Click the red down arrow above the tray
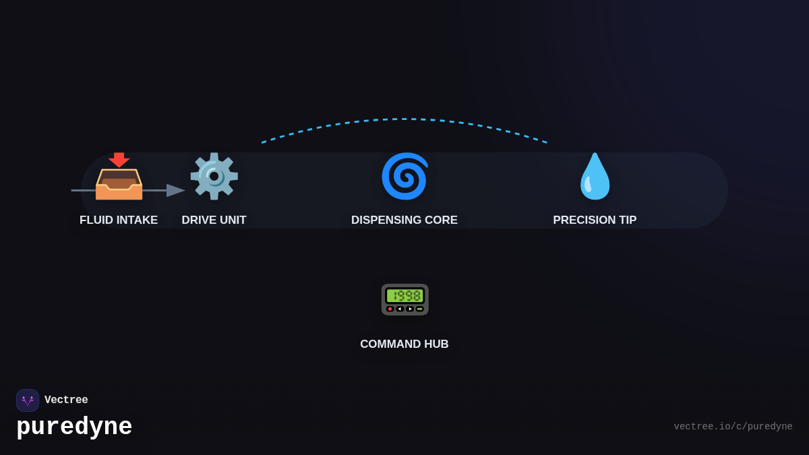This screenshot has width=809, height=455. coord(119,160)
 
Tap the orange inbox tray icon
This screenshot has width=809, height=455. coord(119,184)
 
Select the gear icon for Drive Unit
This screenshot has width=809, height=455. coord(214,176)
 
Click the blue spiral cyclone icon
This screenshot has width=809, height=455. coord(405,176)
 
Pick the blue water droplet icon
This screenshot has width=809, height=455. coord(595,176)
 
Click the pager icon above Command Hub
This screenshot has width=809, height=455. coord(405,299)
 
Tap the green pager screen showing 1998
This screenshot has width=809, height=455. coord(405,296)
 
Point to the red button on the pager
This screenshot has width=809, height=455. coord(390,309)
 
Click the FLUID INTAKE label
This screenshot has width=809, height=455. coord(119,220)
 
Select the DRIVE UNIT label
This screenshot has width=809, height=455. coord(214,220)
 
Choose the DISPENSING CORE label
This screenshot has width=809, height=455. coord(404,220)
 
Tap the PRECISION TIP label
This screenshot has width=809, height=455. coord(595,220)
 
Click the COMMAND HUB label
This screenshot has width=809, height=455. coord(404,344)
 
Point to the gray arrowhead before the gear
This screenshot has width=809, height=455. coord(175,190)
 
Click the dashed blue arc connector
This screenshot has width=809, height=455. coord(404,119)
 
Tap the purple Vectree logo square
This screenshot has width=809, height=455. coord(28,400)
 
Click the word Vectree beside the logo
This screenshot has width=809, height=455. coord(66,400)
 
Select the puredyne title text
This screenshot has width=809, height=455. coord(74,427)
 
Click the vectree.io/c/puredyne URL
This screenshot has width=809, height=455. coord(733,427)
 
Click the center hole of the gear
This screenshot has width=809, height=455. coord(214,177)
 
